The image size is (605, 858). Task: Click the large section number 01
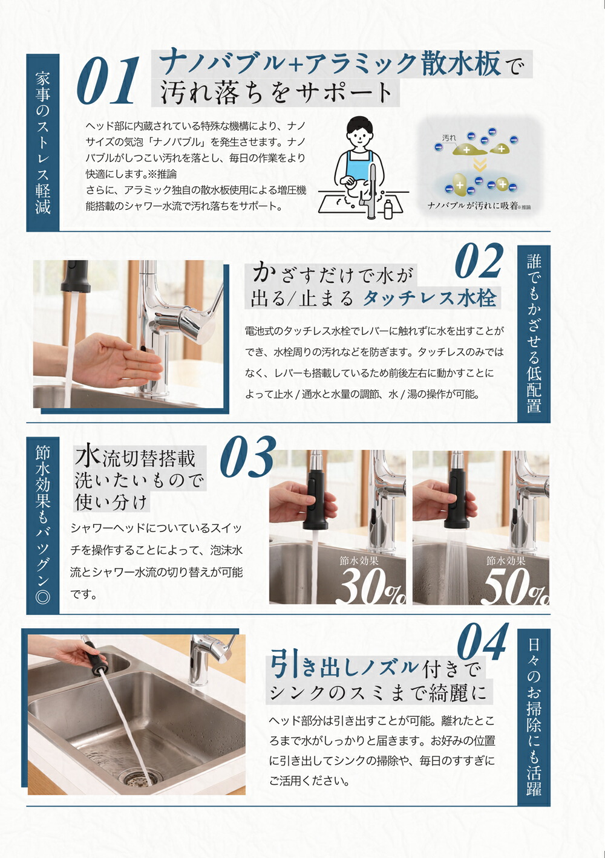109,82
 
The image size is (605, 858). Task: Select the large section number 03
247,458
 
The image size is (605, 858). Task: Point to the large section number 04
482,642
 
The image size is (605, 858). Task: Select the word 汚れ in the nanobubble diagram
449,138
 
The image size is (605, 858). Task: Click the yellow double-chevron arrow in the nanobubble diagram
479,165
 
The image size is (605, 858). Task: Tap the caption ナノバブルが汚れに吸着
473,206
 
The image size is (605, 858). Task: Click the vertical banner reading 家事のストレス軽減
43,143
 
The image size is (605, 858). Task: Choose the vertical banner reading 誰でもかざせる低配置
534,333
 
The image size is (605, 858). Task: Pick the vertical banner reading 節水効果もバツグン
43,524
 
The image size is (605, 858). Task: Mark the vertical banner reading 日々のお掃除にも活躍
534,717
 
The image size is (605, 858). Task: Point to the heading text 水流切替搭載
136,458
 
